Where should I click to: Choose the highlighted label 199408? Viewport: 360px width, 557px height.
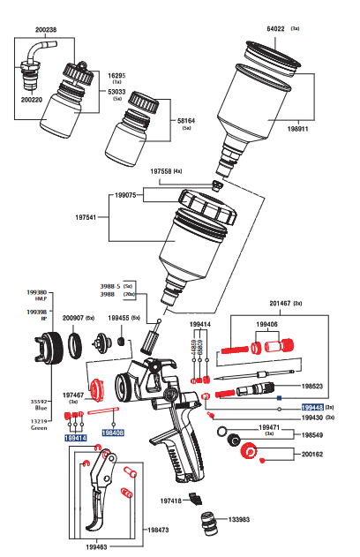112,433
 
